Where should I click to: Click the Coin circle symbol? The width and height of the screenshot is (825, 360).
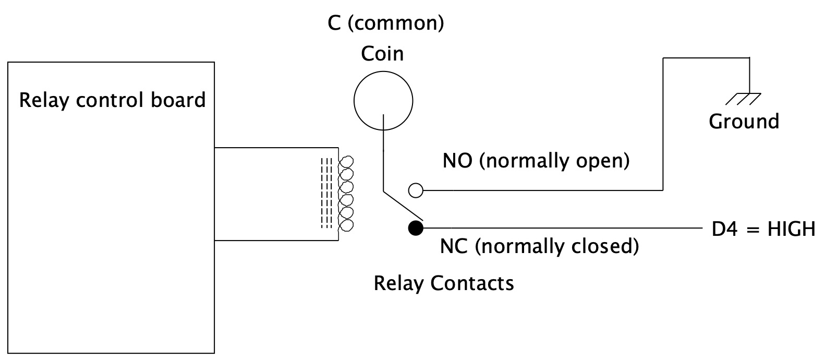pos(383,100)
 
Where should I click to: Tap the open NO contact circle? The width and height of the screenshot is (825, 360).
pos(416,190)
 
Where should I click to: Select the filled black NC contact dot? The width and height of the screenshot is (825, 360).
pos(416,228)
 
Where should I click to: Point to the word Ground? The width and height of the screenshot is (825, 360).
pos(744,122)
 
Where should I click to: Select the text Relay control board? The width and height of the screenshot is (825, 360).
pos(112,100)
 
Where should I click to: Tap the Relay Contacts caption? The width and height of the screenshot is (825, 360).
pos(444,283)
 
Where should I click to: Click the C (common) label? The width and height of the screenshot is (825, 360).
pos(386,23)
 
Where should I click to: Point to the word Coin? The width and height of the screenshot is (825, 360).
pos(383,53)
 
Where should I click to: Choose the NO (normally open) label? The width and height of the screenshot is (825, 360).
pos(536,161)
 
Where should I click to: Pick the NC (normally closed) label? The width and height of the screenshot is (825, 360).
pos(539,246)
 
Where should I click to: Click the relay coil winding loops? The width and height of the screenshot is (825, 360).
pos(346,193)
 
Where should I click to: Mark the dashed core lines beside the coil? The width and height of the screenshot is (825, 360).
pos(326,193)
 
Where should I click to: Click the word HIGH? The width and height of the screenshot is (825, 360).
pos(792,229)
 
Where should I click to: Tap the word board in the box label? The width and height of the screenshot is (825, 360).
pos(178,100)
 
